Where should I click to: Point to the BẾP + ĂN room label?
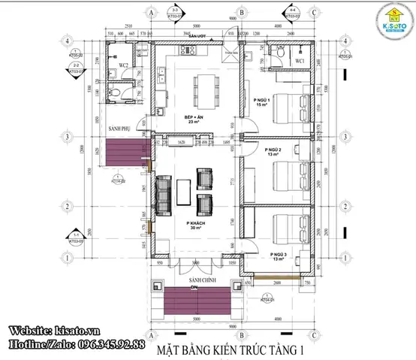pos(194,119)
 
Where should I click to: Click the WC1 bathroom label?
pos(299,59)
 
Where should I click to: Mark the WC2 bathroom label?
pos(125,67)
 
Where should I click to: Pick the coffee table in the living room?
pos(184,191)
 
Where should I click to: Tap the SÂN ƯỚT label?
pos(197,36)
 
